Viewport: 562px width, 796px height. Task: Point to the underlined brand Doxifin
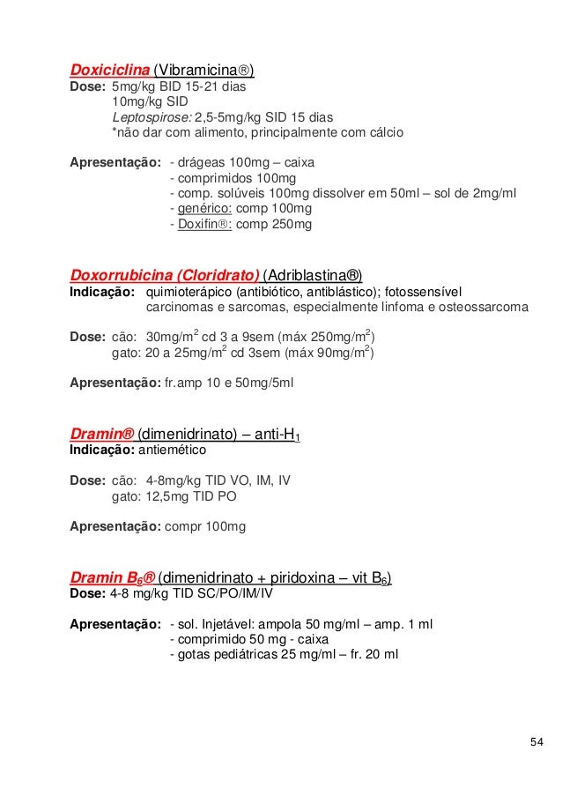[x=199, y=225]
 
